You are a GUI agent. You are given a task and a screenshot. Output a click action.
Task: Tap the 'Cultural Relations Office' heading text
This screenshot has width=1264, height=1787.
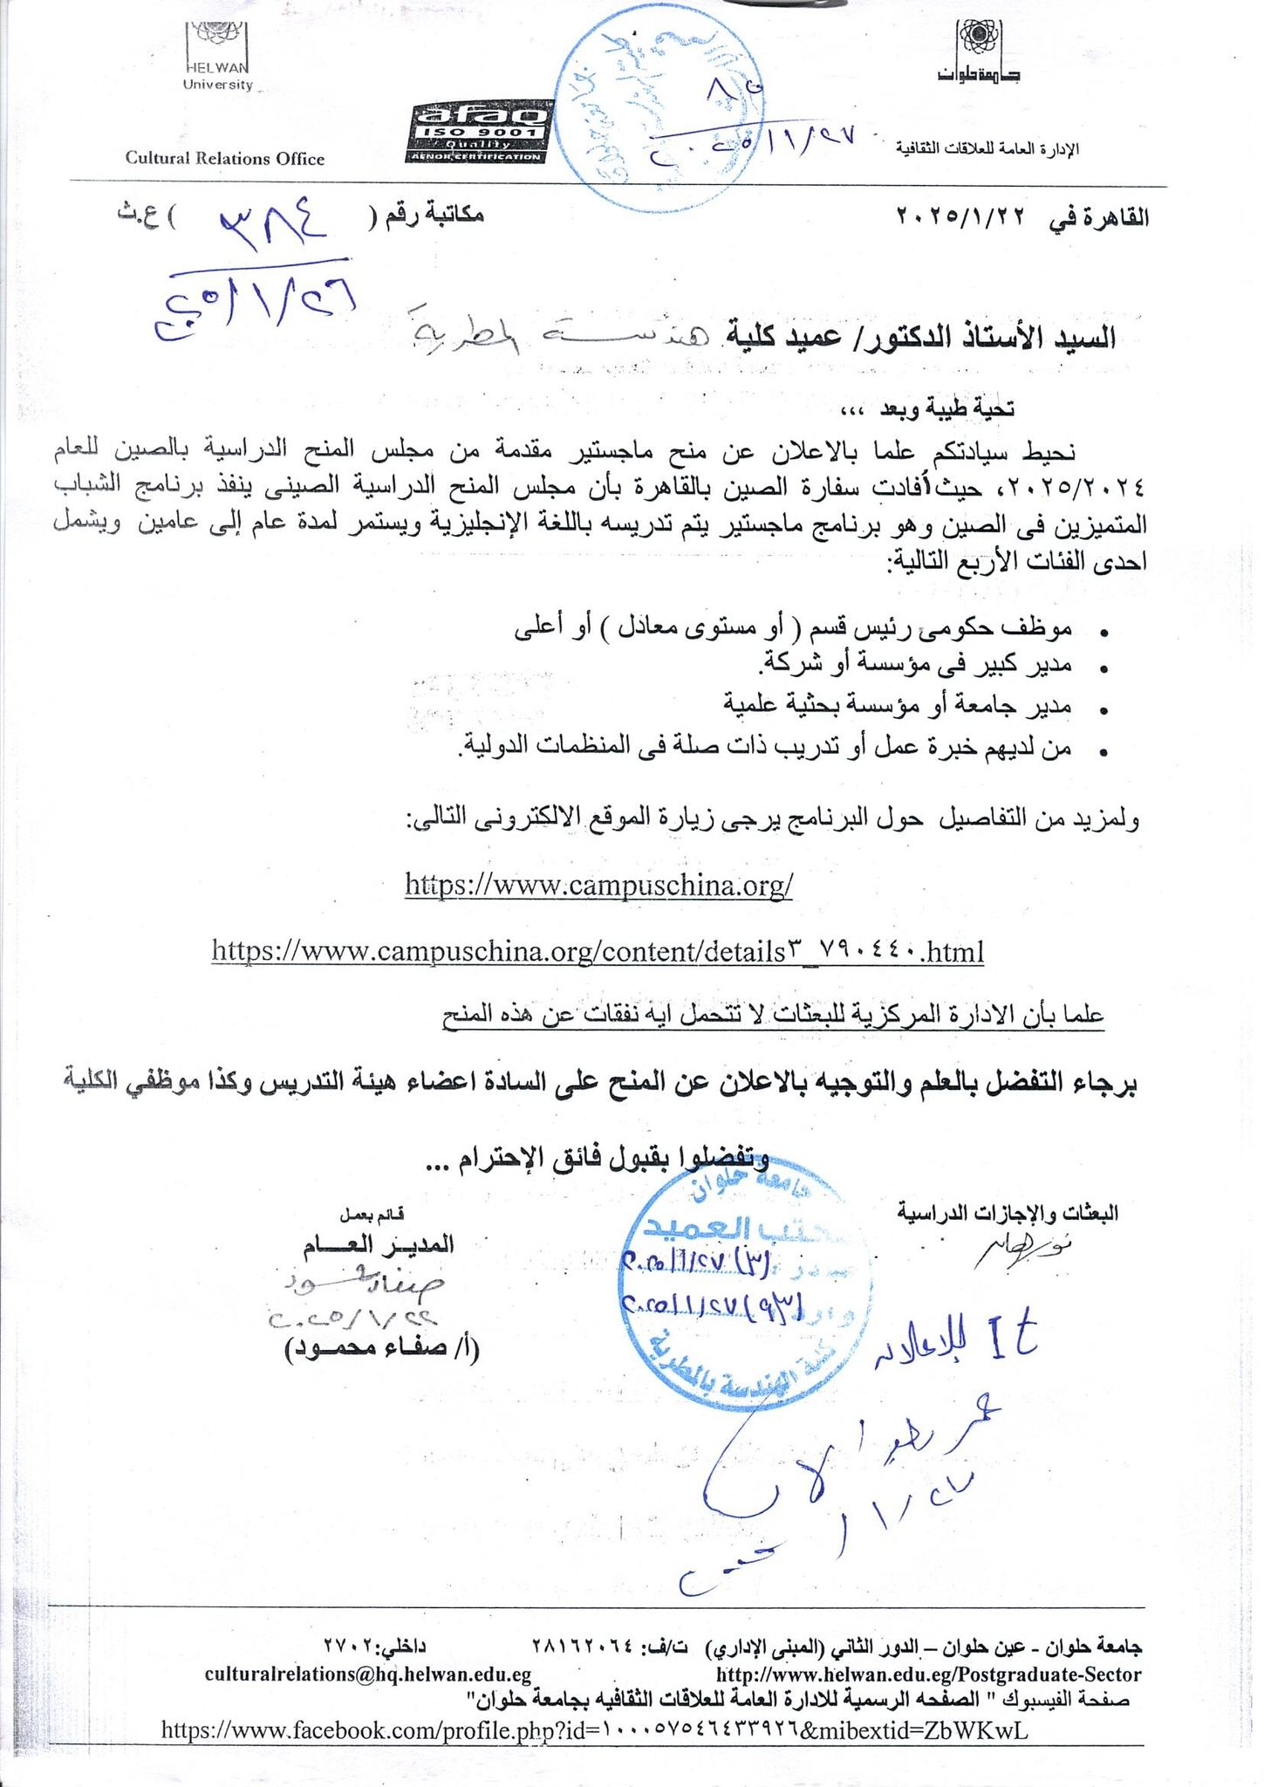pyautogui.click(x=224, y=159)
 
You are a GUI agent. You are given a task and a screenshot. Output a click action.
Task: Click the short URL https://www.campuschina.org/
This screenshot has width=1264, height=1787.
pyautogui.click(x=598, y=885)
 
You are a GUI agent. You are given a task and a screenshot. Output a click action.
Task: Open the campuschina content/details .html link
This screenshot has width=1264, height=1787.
pyautogui.click(x=598, y=950)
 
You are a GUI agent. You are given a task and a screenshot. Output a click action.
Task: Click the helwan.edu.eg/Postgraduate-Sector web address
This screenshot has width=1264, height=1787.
pyautogui.click(x=928, y=1674)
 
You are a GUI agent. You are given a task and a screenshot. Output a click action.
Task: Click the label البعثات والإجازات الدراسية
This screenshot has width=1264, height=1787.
pyautogui.click(x=1008, y=1213)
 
